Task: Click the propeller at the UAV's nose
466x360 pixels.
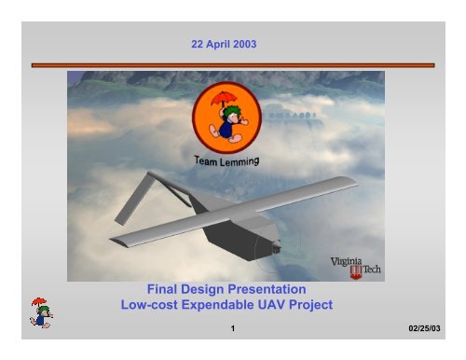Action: (x=275, y=250)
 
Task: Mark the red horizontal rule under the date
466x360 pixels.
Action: (x=232, y=64)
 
